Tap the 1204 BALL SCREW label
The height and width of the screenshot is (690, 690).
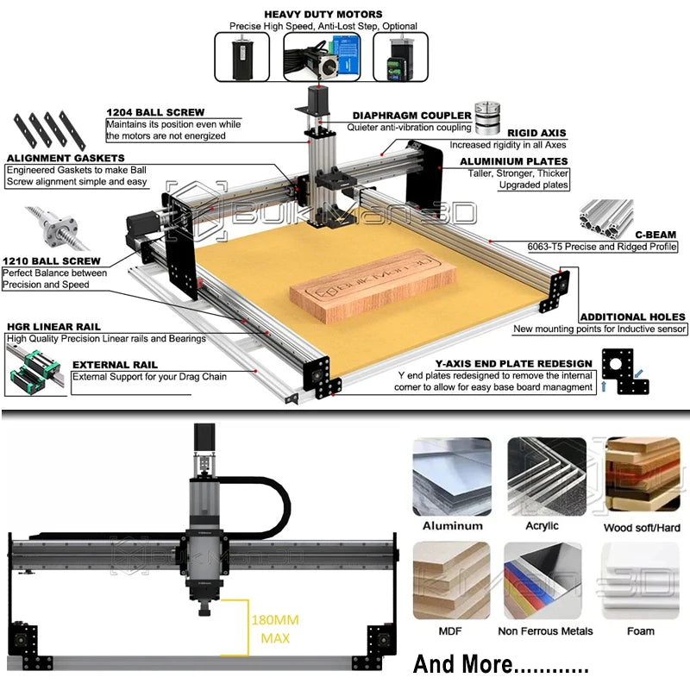(155, 112)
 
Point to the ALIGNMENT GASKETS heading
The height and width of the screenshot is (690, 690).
(66, 158)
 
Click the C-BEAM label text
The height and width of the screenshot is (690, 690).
(655, 233)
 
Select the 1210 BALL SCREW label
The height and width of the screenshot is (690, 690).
(51, 260)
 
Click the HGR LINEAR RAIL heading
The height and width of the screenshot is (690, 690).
(53, 327)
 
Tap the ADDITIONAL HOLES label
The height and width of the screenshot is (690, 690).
(632, 317)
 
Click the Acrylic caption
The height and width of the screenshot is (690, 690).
(542, 525)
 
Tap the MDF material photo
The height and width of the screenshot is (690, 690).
(452, 580)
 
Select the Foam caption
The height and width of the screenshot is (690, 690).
(640, 630)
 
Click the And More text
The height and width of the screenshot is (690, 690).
(500, 665)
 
